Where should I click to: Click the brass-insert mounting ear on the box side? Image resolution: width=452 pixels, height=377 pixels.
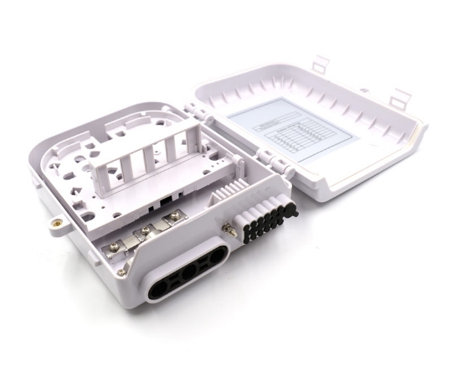55,224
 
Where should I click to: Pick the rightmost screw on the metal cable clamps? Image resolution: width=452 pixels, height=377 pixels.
174,216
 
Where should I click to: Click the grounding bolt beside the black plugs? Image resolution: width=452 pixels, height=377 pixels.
227,225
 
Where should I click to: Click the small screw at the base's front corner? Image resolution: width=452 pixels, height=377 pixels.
123,271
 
